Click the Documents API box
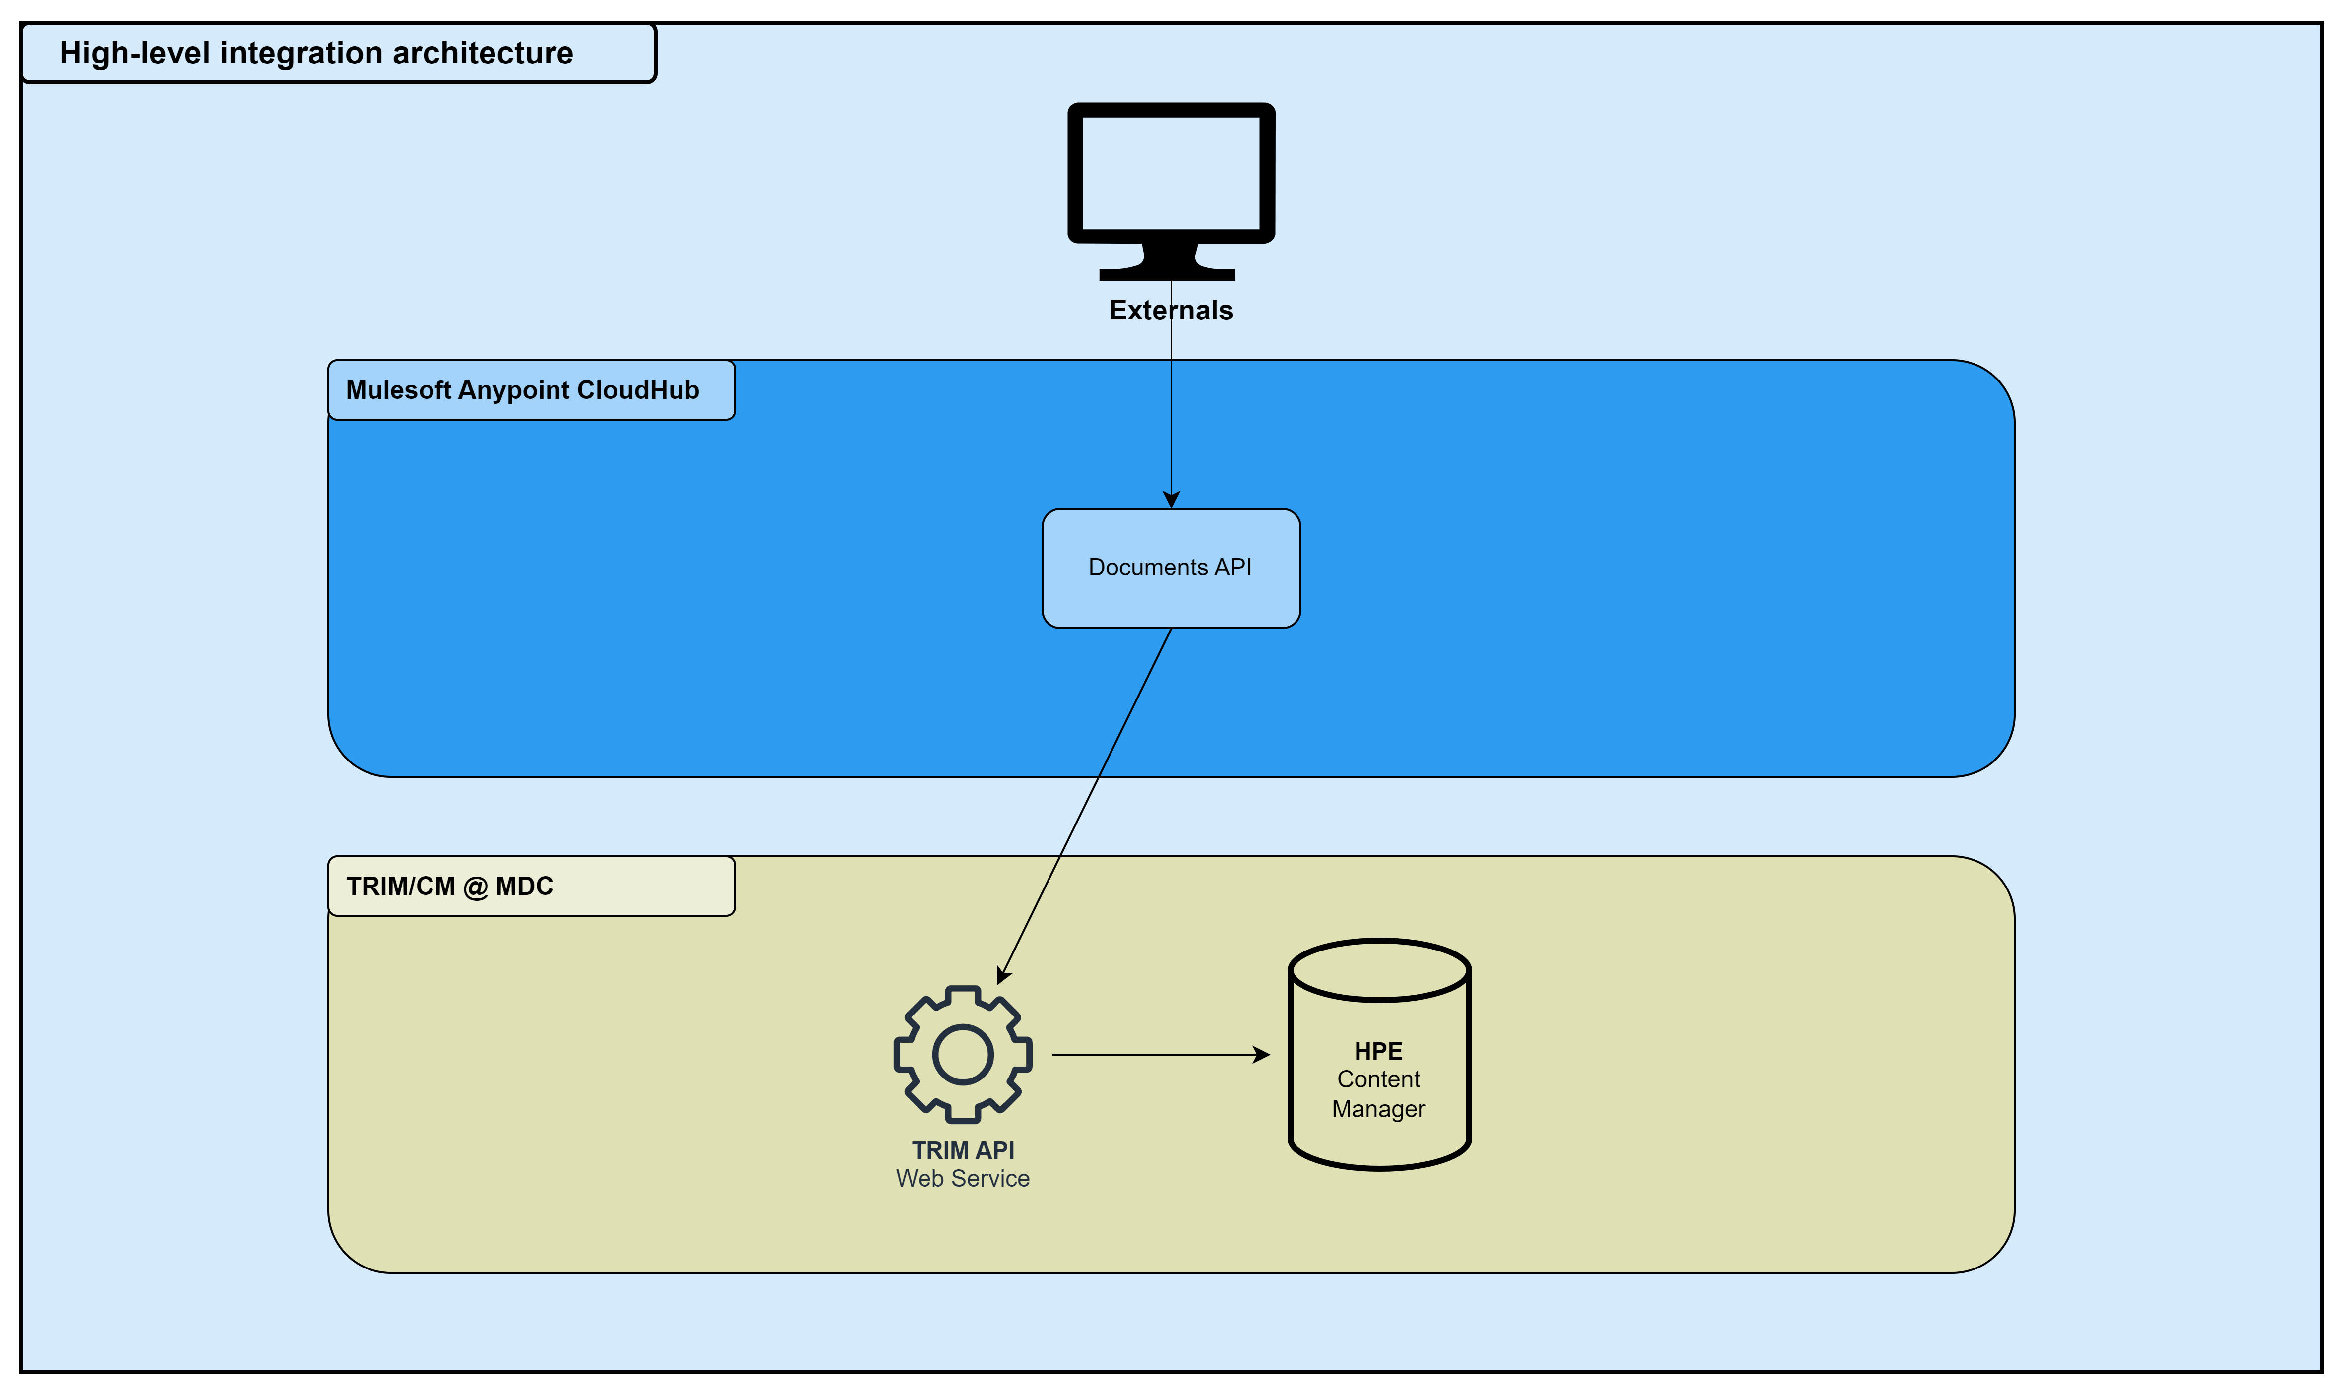(x=1170, y=568)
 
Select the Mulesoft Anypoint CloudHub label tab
(x=531, y=390)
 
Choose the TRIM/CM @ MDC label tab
(x=531, y=886)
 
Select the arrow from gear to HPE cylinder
(x=1156, y=1055)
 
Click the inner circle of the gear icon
(x=962, y=1055)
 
